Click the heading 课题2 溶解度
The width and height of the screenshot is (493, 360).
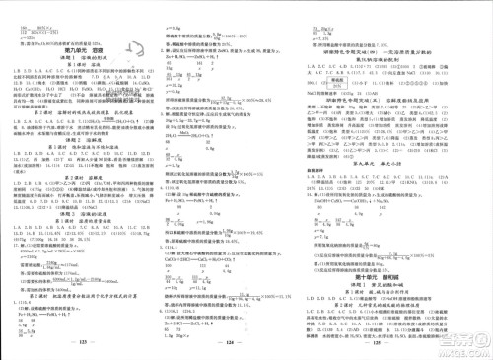[79, 141]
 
